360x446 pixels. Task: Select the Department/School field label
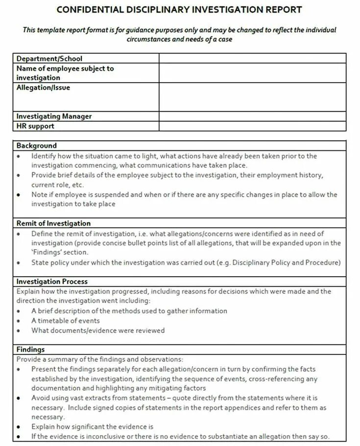(49, 58)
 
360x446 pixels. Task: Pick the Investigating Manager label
(54, 117)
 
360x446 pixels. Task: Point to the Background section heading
(36, 145)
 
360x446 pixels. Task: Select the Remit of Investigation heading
(53, 223)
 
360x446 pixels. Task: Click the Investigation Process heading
(52, 282)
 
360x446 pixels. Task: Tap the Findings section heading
(30, 350)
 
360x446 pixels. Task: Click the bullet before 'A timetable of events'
(18, 321)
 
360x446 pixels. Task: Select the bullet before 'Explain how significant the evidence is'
(18, 427)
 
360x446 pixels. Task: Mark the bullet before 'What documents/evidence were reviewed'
(18, 330)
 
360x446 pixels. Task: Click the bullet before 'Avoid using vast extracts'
(18, 399)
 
